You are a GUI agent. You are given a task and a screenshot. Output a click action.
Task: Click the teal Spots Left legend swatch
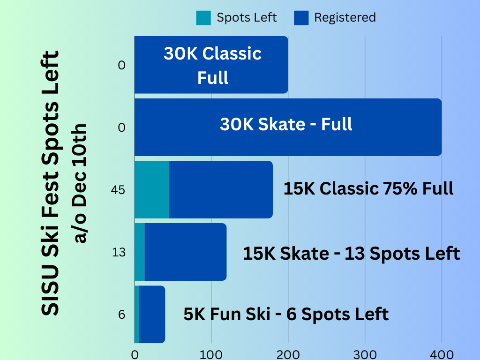click(x=204, y=18)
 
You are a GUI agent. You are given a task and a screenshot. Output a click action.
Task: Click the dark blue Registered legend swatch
click(x=301, y=18)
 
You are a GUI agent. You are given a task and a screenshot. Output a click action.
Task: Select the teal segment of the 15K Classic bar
click(x=152, y=189)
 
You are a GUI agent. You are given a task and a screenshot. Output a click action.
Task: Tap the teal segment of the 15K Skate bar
click(x=140, y=252)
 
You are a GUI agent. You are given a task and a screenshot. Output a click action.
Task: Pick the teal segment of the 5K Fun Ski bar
click(x=137, y=314)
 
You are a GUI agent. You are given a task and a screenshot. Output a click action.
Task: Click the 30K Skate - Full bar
click(x=288, y=127)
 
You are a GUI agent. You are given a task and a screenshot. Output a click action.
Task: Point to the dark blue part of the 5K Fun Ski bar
click(x=152, y=314)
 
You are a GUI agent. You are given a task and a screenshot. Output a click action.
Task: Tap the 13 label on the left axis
click(x=119, y=252)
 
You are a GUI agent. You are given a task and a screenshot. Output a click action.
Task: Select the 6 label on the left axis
click(x=121, y=315)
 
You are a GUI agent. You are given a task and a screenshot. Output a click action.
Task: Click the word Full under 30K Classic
click(x=213, y=78)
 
